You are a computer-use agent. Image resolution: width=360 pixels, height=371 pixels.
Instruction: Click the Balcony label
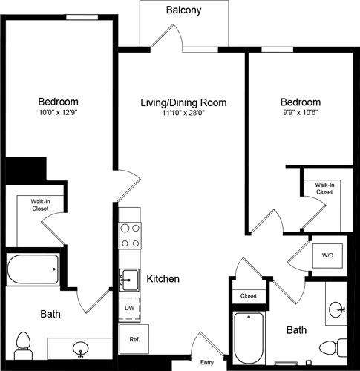(x=184, y=10)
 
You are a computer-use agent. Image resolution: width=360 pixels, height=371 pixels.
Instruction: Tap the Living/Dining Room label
(x=184, y=102)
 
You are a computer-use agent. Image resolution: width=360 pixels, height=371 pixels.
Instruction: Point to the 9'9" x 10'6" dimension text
(x=301, y=114)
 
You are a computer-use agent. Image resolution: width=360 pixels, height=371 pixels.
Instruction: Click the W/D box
(x=327, y=255)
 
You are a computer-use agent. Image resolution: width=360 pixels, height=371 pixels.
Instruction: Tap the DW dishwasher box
(x=128, y=307)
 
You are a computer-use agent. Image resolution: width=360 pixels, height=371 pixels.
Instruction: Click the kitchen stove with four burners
(x=131, y=234)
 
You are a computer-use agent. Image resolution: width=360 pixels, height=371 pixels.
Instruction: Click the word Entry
(x=208, y=362)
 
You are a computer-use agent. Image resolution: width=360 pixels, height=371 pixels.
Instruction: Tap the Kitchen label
(x=163, y=279)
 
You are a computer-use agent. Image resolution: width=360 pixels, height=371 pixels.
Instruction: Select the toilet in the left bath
(x=23, y=344)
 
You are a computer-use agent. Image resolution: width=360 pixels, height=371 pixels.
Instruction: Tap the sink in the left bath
(x=79, y=347)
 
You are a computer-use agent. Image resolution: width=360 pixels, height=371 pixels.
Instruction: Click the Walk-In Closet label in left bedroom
(x=39, y=205)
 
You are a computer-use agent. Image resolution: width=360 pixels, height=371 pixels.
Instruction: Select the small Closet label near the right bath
(x=249, y=295)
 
